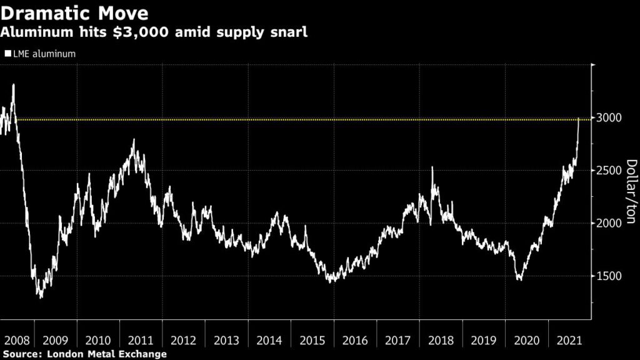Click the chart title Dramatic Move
click(x=75, y=12)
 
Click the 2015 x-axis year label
click(x=312, y=341)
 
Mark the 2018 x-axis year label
click(x=441, y=341)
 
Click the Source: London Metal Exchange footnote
click(x=84, y=354)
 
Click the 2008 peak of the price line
click(x=13, y=85)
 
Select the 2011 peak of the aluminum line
click(x=133, y=140)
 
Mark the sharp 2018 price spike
click(x=432, y=167)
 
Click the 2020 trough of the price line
click(x=520, y=279)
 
